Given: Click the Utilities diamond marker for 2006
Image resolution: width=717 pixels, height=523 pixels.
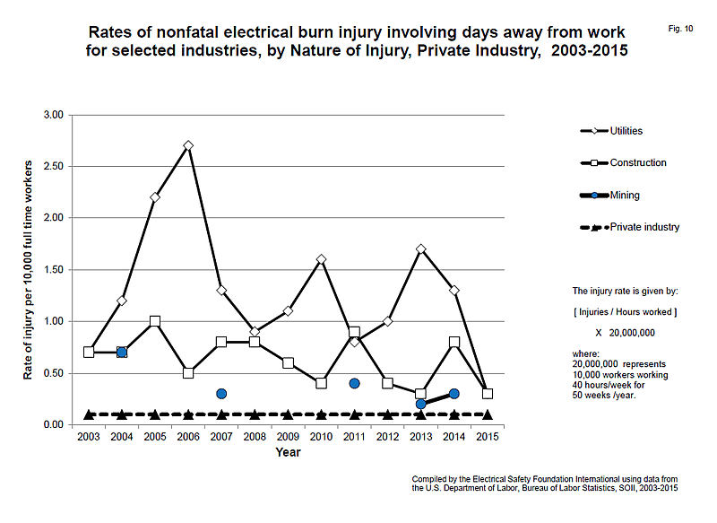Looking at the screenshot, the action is pyautogui.click(x=188, y=145).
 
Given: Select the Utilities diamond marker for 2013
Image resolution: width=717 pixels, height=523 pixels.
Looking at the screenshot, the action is pyautogui.click(x=421, y=248).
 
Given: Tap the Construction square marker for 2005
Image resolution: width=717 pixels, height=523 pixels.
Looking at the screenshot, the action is pyautogui.click(x=155, y=321).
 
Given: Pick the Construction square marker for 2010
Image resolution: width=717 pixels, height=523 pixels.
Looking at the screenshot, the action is pyautogui.click(x=321, y=383).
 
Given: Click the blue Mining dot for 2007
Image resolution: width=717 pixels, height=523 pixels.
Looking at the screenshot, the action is pyautogui.click(x=221, y=394).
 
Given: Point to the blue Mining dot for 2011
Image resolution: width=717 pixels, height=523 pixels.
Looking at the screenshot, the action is pyautogui.click(x=354, y=383).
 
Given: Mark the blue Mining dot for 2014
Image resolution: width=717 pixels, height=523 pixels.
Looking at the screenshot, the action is pyautogui.click(x=454, y=394).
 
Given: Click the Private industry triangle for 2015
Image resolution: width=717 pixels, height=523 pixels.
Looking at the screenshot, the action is pyautogui.click(x=488, y=414).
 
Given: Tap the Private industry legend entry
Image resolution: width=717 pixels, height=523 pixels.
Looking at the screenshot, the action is pyautogui.click(x=630, y=227).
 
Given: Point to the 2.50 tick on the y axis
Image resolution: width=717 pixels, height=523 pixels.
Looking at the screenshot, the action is pyautogui.click(x=54, y=167).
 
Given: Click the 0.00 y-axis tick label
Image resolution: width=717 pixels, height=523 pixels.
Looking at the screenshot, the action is pyautogui.click(x=54, y=425).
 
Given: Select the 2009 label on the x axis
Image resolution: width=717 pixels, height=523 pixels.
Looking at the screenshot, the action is pyautogui.click(x=288, y=437).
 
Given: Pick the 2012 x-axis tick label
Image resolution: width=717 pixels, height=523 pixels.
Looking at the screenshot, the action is pyautogui.click(x=388, y=437).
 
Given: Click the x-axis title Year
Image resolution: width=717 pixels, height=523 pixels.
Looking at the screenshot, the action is pyautogui.click(x=288, y=452).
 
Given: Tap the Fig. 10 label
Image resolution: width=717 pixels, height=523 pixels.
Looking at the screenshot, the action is pyautogui.click(x=680, y=29).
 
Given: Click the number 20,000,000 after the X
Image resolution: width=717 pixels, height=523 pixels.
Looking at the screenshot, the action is pyautogui.click(x=632, y=333).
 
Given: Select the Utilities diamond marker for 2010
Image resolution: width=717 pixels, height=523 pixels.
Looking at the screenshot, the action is pyautogui.click(x=321, y=259).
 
